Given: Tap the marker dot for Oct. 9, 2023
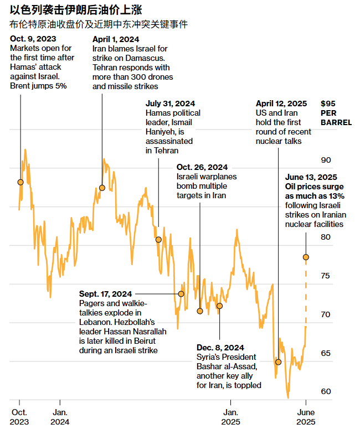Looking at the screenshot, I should (x=20, y=182).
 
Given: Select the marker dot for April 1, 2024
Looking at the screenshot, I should (x=102, y=188).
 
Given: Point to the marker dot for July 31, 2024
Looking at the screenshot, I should (x=158, y=240).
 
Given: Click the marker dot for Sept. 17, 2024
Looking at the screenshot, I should (x=181, y=293).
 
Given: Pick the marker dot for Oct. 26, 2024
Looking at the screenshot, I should (x=200, y=311).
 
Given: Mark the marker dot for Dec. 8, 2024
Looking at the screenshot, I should (x=219, y=306).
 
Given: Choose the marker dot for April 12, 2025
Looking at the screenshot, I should (x=278, y=362).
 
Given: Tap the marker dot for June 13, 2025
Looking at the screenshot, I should (x=306, y=257).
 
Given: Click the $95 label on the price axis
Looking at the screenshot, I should (x=329, y=104).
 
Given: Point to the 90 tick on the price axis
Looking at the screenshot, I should (x=326, y=161).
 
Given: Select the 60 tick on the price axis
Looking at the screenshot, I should (x=326, y=391).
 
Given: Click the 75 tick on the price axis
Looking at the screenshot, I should (x=326, y=276).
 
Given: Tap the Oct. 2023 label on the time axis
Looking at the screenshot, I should (x=19, y=416).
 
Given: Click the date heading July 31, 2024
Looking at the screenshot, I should (x=170, y=104).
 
